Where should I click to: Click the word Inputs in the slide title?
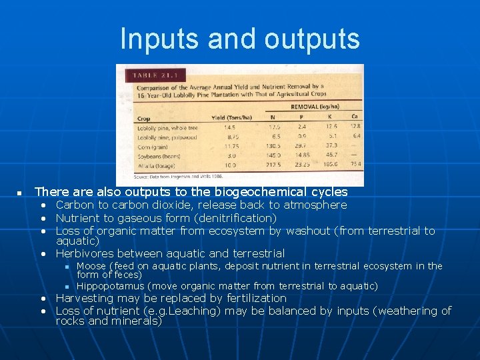(160, 39)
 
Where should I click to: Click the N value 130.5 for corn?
(274, 145)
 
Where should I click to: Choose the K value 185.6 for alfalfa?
(330, 164)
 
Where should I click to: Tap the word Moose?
(91, 266)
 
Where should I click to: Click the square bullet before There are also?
(19, 193)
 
